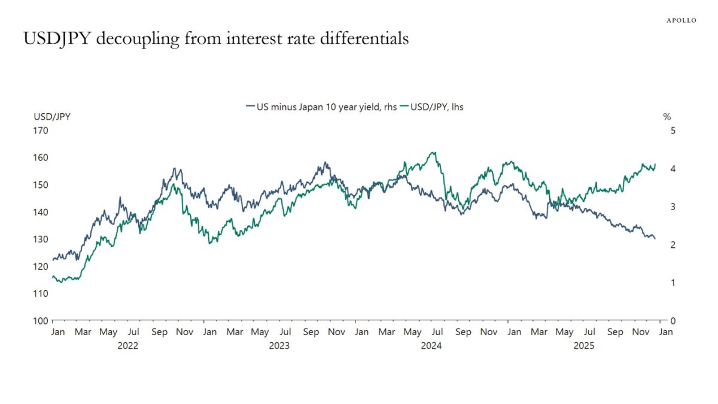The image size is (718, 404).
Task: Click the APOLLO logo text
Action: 682,20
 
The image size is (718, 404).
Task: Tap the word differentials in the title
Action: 367,39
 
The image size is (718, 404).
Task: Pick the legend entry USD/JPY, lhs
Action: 436,107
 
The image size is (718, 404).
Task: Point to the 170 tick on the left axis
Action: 41,130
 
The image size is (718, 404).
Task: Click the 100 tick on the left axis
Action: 41,321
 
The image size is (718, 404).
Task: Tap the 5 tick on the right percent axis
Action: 673,130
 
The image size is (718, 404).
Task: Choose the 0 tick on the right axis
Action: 673,321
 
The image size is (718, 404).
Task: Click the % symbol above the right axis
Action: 667,117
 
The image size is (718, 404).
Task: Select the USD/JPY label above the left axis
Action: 52,117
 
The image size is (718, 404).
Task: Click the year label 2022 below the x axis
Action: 127,346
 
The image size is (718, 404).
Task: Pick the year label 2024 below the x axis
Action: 431,346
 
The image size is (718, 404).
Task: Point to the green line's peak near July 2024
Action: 433,152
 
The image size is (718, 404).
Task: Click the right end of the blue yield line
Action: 655,239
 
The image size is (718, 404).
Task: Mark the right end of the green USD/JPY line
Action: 655,164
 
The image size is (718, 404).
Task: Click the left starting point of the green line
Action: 53,276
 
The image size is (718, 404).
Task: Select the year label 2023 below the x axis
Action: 279,346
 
